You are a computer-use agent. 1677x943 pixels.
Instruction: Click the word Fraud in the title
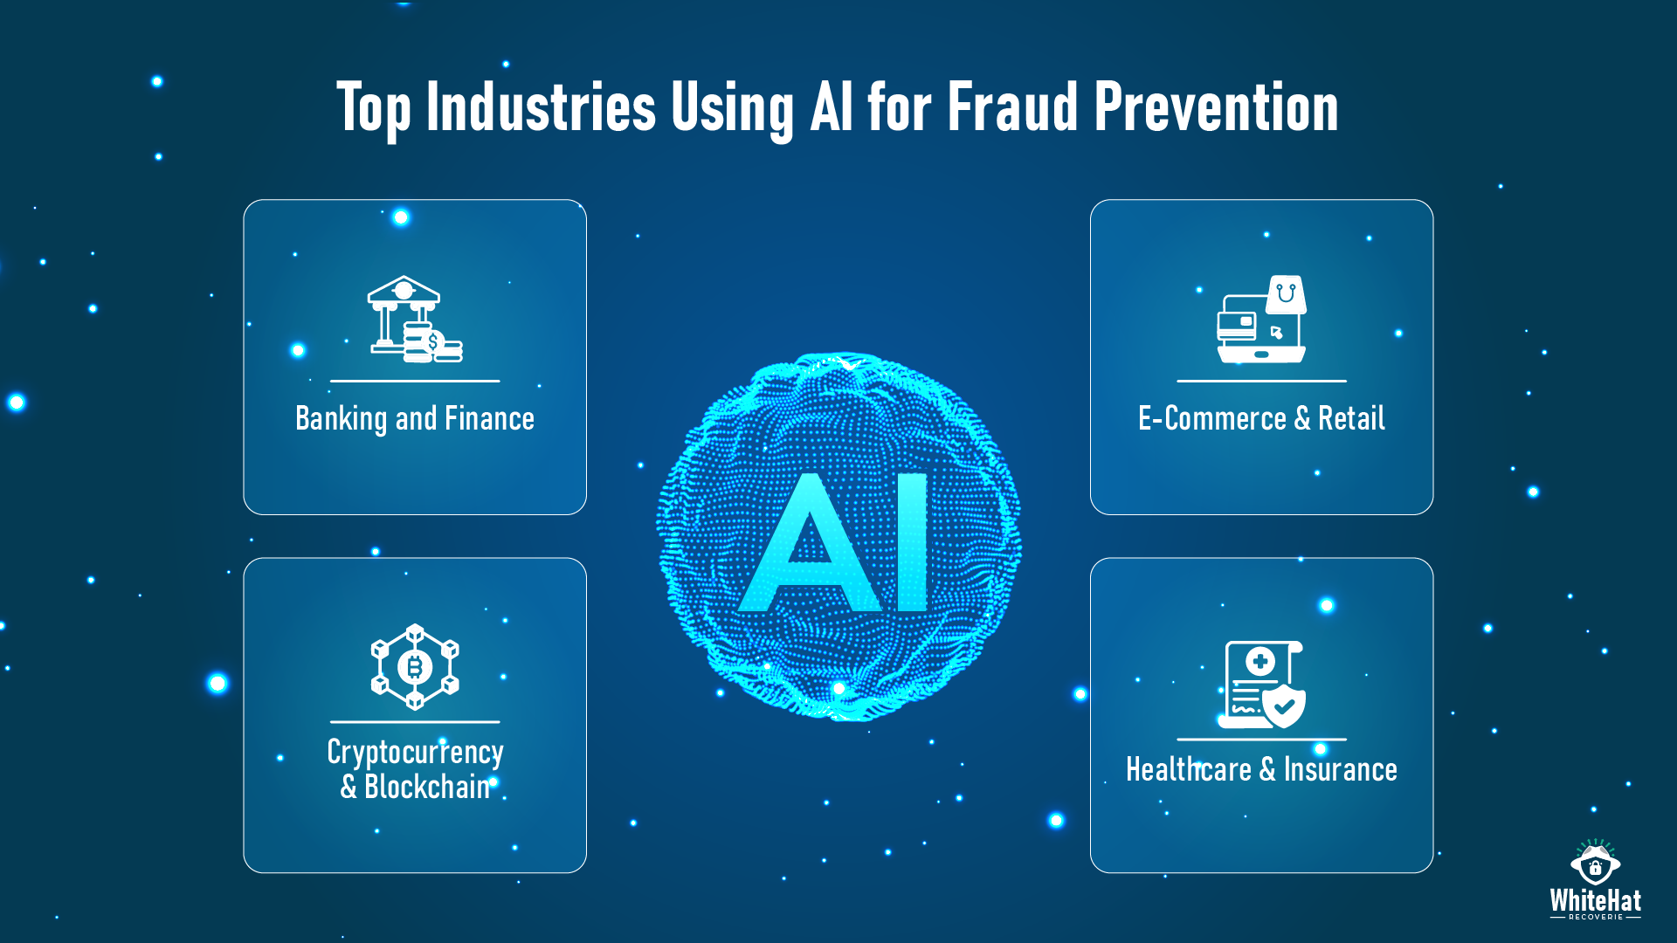click(1012, 107)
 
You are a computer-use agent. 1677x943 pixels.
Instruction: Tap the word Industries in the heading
click(541, 107)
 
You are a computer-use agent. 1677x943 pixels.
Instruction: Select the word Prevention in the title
click(1216, 107)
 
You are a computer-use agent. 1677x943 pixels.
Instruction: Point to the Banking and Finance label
click(415, 418)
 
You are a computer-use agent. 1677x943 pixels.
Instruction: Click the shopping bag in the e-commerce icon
click(1287, 294)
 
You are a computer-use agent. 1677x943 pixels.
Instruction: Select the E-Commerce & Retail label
click(1261, 418)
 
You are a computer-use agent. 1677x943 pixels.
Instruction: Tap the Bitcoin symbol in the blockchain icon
click(415, 667)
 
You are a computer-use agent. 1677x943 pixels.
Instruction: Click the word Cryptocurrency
click(415, 753)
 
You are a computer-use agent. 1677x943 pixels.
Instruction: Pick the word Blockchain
click(428, 787)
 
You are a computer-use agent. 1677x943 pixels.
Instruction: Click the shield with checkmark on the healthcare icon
click(1285, 706)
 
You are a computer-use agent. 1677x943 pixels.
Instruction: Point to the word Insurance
click(1340, 769)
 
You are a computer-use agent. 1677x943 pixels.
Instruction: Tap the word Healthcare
click(1189, 769)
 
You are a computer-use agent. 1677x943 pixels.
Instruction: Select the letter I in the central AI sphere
click(913, 542)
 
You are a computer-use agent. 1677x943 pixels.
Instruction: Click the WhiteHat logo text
click(1595, 900)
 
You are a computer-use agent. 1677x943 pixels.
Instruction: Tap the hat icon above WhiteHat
click(1595, 863)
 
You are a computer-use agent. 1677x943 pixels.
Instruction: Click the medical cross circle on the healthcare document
click(1259, 662)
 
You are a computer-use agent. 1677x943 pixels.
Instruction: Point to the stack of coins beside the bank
click(431, 342)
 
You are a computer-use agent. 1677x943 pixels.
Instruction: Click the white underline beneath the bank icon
click(415, 381)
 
